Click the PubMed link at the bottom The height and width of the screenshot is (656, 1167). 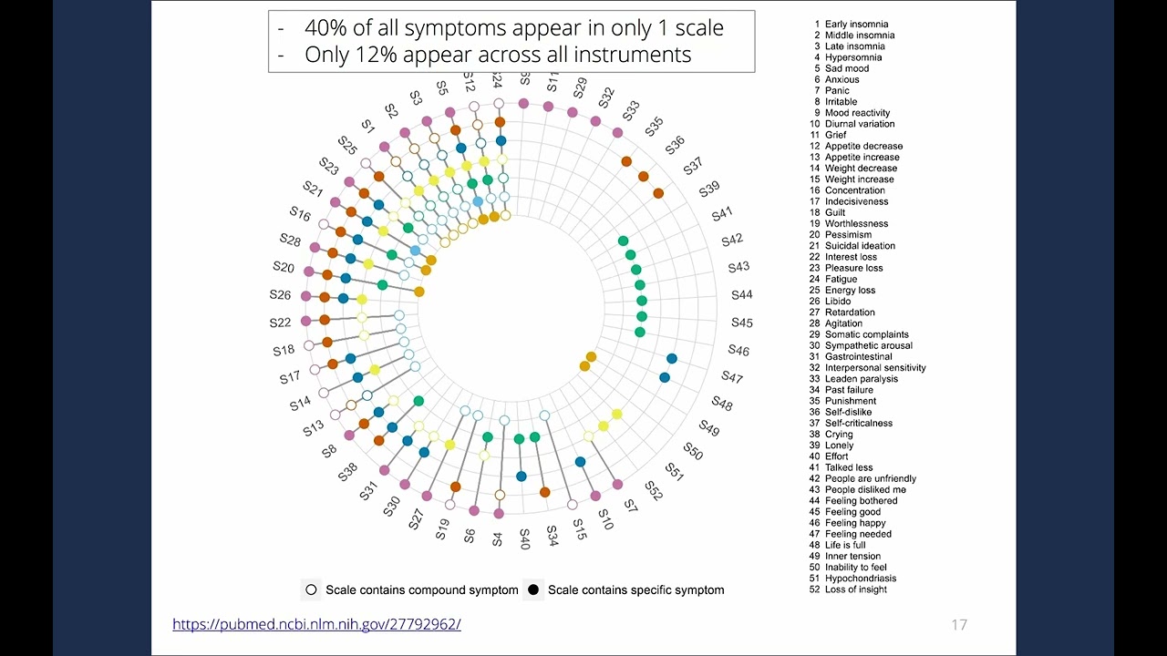click(316, 624)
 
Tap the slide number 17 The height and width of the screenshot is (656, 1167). click(958, 625)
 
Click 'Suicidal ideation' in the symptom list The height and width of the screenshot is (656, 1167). click(860, 246)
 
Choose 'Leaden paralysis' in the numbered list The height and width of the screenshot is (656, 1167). click(861, 379)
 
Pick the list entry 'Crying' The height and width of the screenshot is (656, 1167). click(839, 435)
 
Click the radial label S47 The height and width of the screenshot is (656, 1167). click(732, 377)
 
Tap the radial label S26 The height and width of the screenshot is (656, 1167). click(280, 295)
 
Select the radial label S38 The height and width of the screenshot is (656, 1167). click(347, 472)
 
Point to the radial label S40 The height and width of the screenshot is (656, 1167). click(524, 538)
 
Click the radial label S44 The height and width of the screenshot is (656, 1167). click(742, 295)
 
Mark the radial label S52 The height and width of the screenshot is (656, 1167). click(653, 492)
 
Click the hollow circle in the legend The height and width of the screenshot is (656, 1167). click(311, 590)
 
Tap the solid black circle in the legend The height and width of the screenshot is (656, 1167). click(533, 590)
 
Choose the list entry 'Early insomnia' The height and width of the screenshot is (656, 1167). click(856, 25)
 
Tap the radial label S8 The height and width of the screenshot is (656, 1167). click(329, 450)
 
